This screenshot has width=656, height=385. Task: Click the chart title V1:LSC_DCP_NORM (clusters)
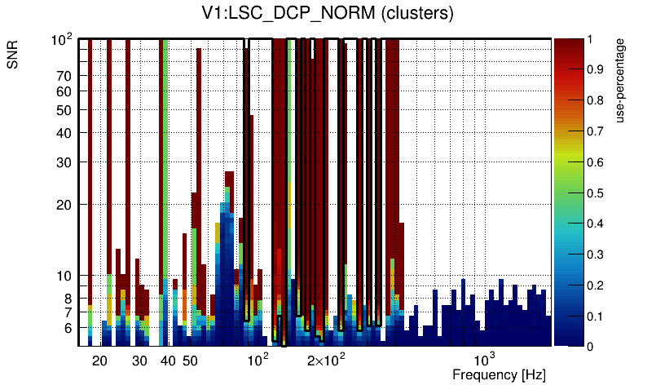[x=328, y=14]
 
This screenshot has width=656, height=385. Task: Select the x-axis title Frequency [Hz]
[x=499, y=375]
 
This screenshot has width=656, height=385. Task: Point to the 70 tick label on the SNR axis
[x=65, y=76]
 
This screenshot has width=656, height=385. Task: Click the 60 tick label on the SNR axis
[x=65, y=91]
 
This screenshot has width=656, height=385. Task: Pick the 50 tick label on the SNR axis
[x=65, y=110]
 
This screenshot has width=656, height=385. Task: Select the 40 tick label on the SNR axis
[x=65, y=133]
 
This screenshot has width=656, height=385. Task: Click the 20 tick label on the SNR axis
[x=65, y=205]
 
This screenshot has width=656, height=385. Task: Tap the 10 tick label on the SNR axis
[x=65, y=276]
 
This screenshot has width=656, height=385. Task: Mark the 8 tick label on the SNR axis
[x=68, y=299]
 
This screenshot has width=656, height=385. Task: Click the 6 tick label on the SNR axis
[x=68, y=328]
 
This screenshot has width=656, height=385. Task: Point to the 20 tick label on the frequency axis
[x=99, y=361]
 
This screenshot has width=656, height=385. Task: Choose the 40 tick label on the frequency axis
[x=168, y=361]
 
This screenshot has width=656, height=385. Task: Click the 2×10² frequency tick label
[x=328, y=360]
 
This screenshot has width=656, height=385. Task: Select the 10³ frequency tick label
[x=485, y=360]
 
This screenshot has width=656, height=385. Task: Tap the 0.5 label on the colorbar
[x=596, y=193]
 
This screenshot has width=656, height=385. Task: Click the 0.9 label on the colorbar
[x=596, y=70]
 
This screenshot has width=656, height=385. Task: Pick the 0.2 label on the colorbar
[x=596, y=285]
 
